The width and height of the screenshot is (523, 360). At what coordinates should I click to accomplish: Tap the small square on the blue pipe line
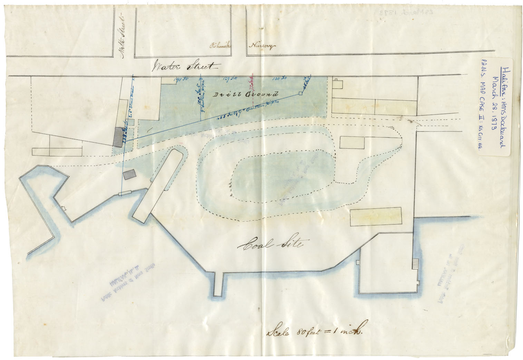pyautogui.click(x=300, y=93)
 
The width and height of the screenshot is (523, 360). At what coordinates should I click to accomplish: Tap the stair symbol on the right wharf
pyautogui.click(x=416, y=263)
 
